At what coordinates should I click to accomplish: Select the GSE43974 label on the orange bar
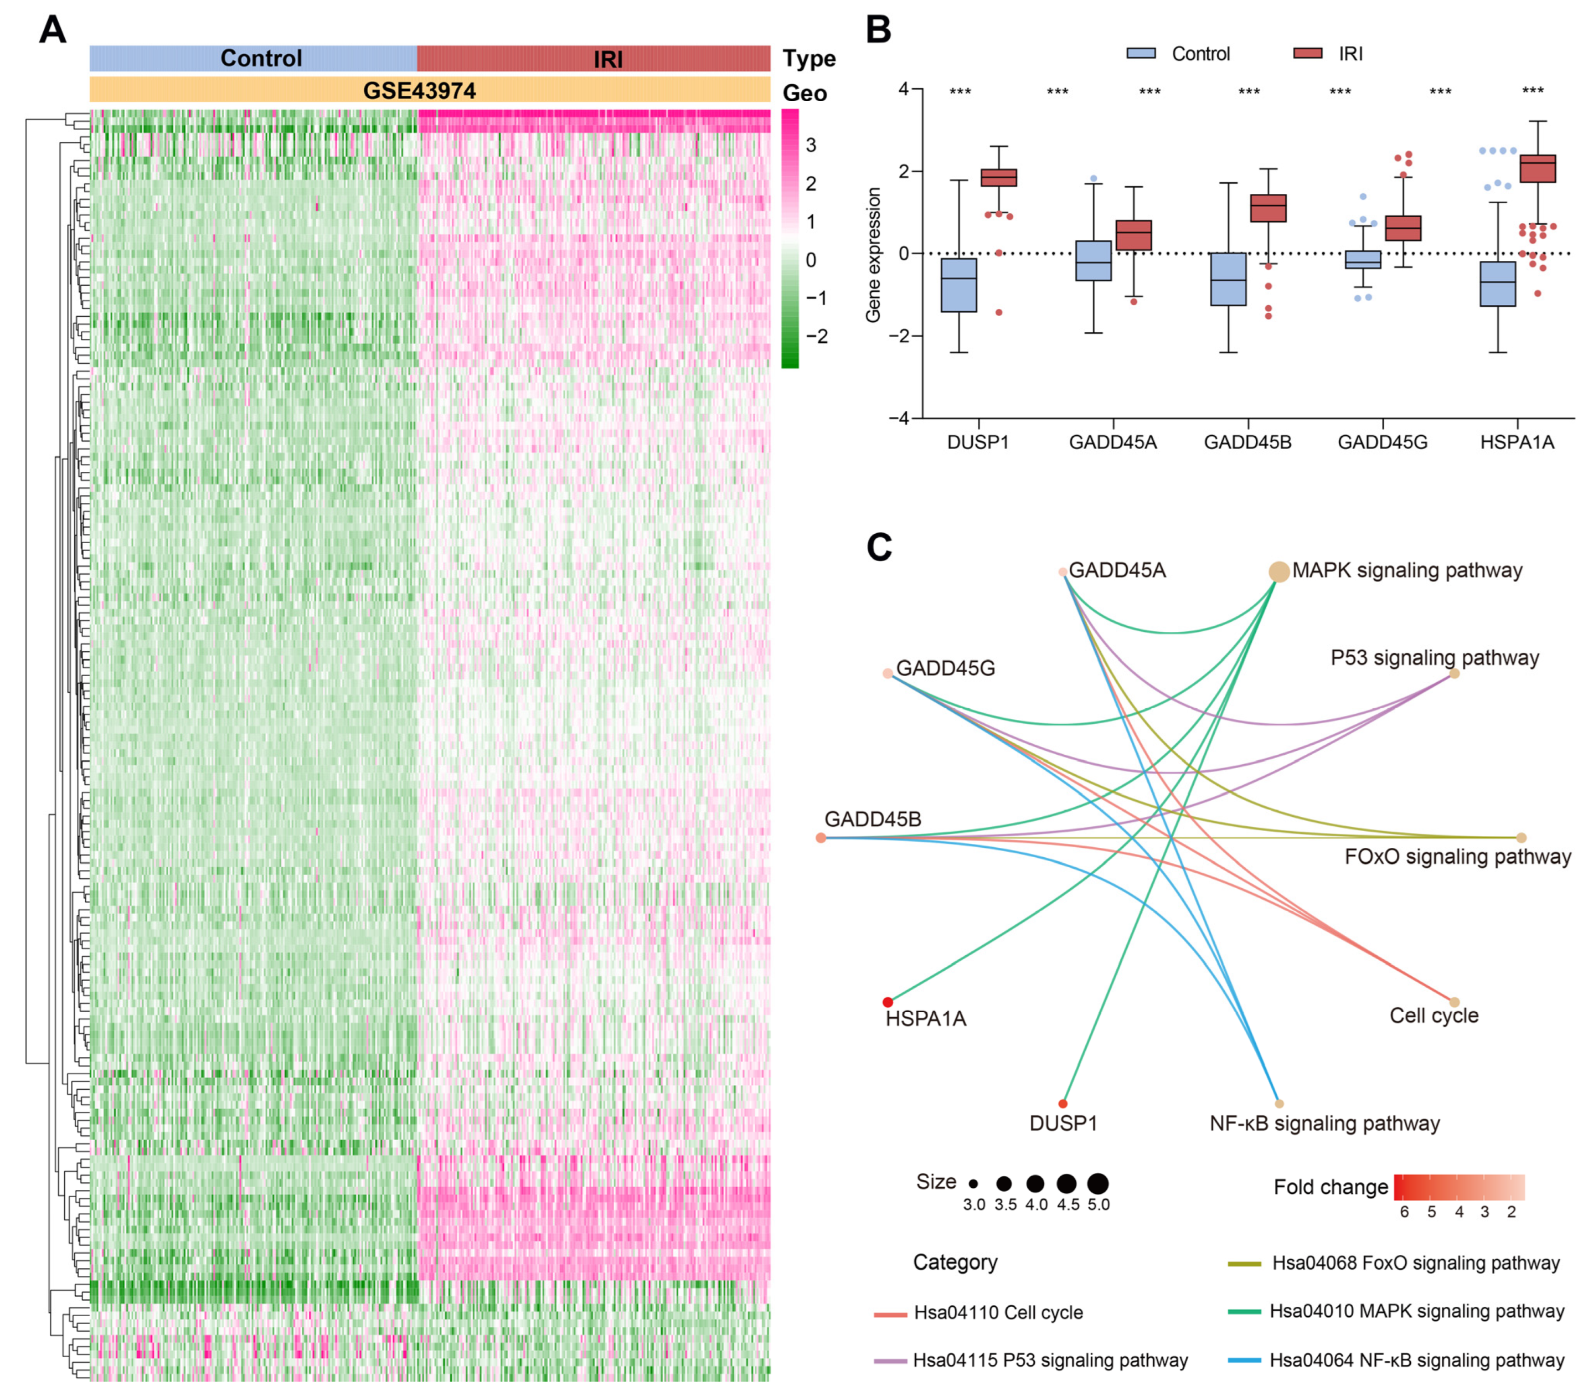[420, 91]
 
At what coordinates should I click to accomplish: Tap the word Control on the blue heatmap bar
[261, 58]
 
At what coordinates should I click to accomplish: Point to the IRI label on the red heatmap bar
[609, 59]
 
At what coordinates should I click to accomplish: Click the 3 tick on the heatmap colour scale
[810, 145]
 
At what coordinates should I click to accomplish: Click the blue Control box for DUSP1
[958, 285]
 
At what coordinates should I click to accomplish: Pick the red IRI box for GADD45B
[1268, 208]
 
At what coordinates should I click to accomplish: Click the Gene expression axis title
[874, 255]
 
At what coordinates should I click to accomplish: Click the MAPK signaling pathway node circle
[1279, 572]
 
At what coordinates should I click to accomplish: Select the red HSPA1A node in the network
[888, 1002]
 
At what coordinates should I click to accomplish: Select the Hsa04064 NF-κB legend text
[1416, 1360]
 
